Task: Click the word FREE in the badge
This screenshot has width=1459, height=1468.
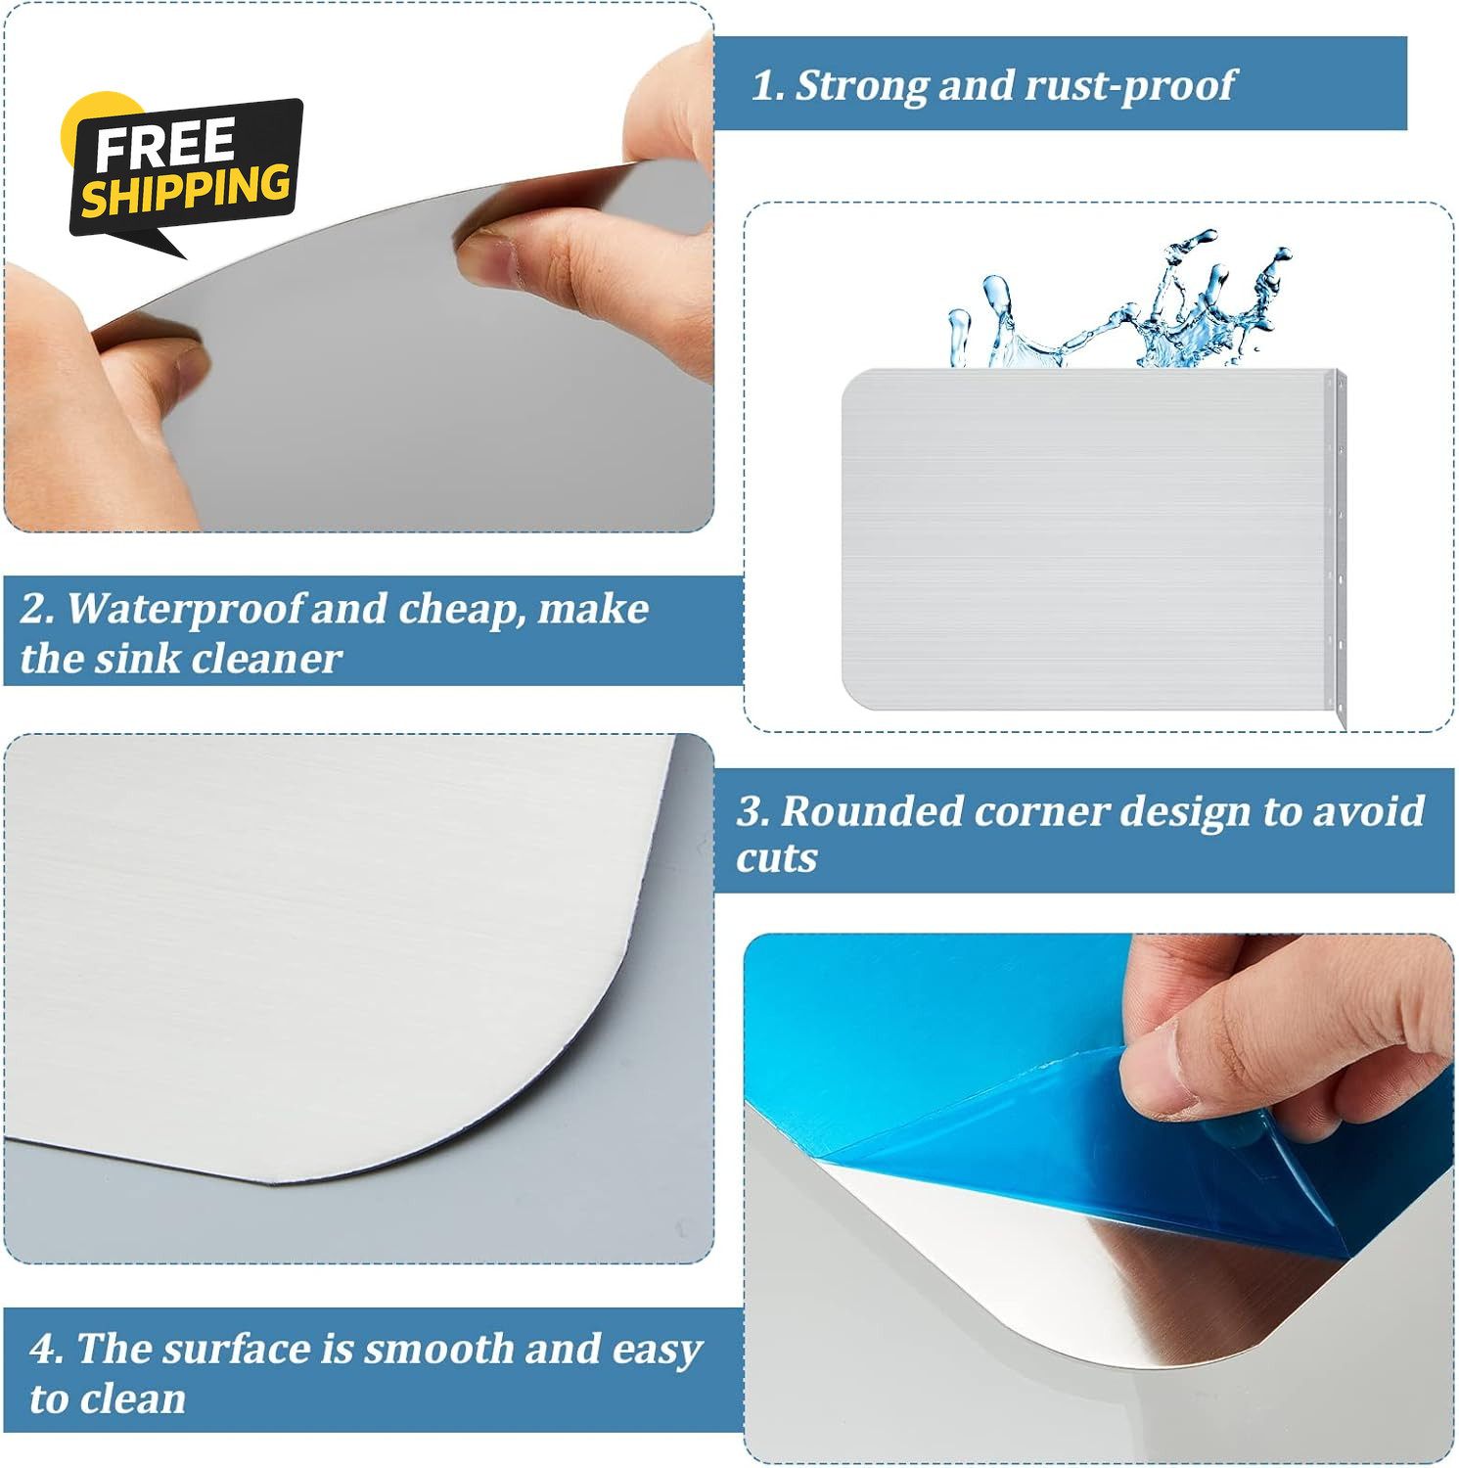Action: coord(164,144)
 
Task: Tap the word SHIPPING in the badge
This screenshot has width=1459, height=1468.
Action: coord(186,189)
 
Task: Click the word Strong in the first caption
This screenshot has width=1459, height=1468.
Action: coord(862,85)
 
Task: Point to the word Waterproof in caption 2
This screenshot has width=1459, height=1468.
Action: coord(186,609)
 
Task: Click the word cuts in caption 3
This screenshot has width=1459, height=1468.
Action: coord(777,858)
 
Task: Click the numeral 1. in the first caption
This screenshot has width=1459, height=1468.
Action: coord(767,86)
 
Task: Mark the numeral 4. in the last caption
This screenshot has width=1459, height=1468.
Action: coord(46,1350)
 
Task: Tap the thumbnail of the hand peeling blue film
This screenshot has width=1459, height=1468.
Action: coord(1098,1199)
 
